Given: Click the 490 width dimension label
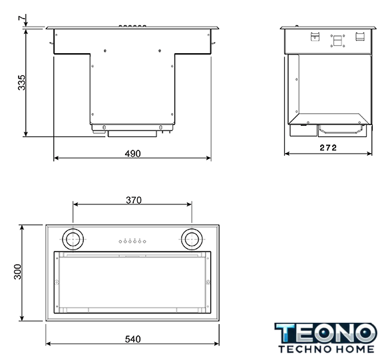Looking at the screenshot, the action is click(132, 154).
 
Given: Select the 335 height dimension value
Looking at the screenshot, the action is click(22, 83).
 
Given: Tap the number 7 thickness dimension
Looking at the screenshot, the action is click(22, 18).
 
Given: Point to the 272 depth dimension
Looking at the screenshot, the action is click(328, 148).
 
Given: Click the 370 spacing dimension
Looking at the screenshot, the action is click(134, 200).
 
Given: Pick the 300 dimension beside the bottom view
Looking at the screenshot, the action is click(18, 271).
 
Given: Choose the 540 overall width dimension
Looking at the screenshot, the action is click(132, 339).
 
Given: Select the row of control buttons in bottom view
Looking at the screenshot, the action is click(132, 241).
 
